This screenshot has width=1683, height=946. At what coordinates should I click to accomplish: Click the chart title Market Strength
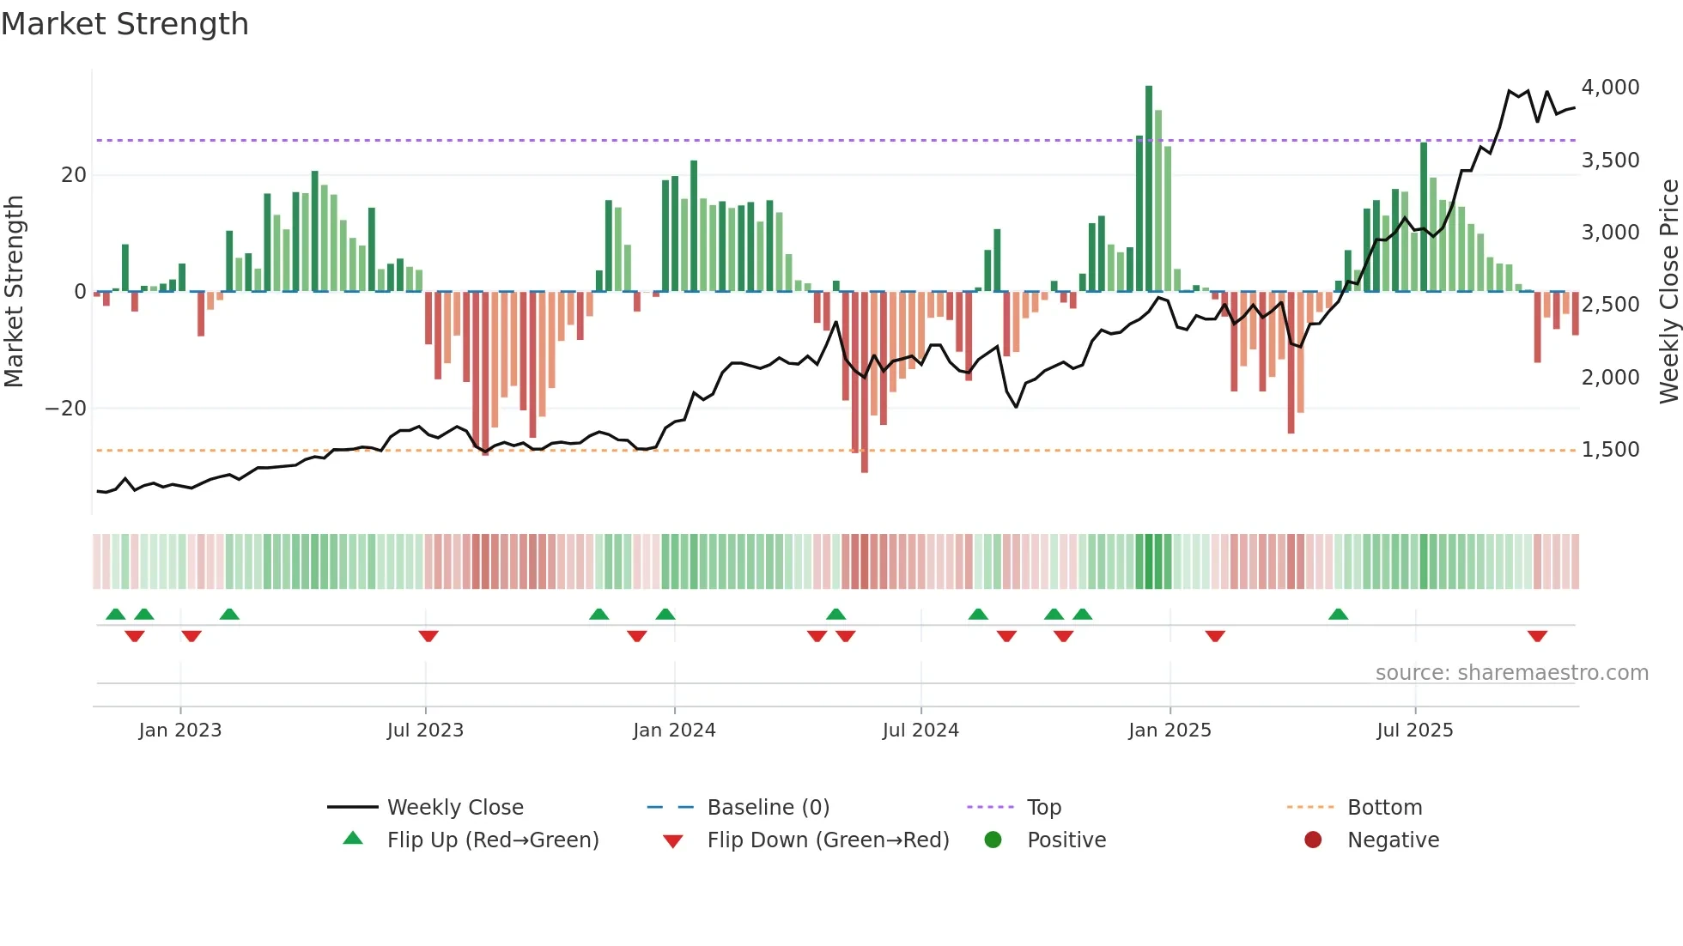[x=125, y=24]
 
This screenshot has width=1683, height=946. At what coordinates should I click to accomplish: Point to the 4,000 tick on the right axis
[x=1610, y=88]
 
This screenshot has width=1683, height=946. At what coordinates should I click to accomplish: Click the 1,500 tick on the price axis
[x=1610, y=450]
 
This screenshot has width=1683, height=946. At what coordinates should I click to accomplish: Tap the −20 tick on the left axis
[x=66, y=409]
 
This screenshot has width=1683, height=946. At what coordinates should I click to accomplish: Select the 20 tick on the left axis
[x=74, y=175]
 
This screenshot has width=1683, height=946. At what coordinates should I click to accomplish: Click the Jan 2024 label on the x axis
[x=674, y=731]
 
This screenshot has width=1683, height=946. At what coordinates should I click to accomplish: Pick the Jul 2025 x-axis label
[x=1414, y=731]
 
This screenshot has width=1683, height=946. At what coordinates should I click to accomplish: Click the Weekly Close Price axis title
[x=1668, y=292]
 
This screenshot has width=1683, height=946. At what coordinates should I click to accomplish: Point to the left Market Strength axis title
[x=14, y=292]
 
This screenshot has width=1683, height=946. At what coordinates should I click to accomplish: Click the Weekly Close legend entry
[x=454, y=808]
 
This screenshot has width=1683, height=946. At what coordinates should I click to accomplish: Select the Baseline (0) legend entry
[x=768, y=808]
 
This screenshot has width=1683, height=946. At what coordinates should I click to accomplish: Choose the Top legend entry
[x=1043, y=808]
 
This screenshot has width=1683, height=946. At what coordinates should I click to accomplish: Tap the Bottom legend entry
[x=1384, y=808]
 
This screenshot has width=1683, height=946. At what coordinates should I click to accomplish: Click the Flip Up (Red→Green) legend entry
[x=492, y=840]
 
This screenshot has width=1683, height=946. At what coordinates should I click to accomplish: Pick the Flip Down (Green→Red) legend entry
[x=828, y=840]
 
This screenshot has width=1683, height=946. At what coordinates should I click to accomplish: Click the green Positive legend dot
[x=993, y=840]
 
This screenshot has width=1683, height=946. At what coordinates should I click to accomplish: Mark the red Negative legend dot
[x=1313, y=840]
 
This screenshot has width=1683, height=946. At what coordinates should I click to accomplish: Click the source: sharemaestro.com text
[x=1511, y=673]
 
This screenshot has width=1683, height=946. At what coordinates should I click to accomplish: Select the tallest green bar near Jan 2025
[x=1149, y=189]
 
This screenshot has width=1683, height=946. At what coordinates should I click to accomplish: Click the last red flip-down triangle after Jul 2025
[x=1537, y=636]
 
